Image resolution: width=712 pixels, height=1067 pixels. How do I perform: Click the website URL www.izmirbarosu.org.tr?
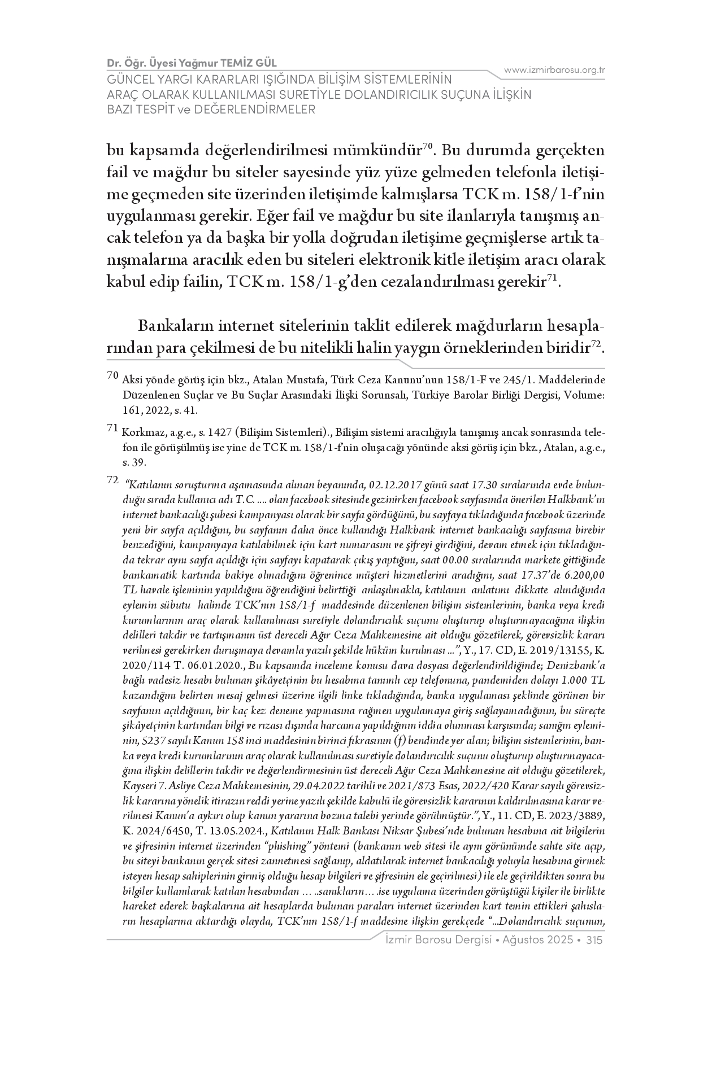point(554,70)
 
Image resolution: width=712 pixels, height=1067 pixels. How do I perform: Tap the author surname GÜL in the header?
point(265,62)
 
